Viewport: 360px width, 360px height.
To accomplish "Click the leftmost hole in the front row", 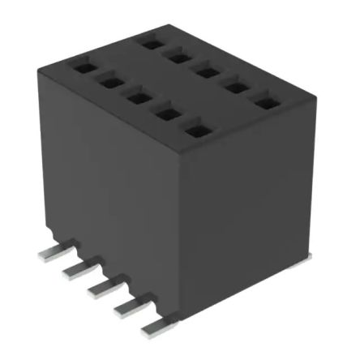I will point(82,70).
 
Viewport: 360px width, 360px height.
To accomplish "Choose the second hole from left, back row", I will point(176,54).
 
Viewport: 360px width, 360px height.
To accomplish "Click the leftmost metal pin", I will point(50,253).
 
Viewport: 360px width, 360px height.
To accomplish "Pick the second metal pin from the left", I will point(75,268).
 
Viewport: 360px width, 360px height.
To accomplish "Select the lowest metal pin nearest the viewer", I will point(152,328).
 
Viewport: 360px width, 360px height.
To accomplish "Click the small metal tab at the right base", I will point(302,258).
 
